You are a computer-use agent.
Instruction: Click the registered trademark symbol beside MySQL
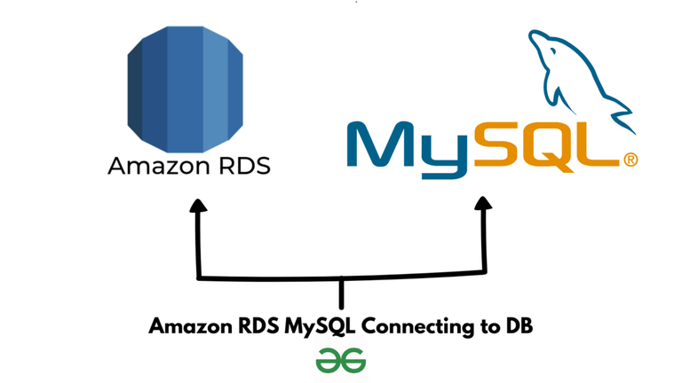(630, 160)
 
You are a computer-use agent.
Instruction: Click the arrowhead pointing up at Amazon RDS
(198, 208)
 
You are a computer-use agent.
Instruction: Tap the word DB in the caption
(519, 326)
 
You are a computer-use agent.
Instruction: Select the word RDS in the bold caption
(258, 326)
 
